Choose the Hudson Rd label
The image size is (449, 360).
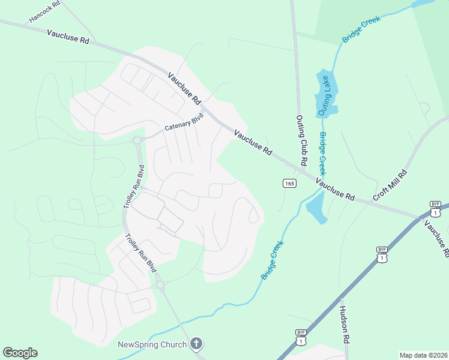pyautogui.click(x=344, y=323)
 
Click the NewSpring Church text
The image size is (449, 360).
pyautogui.click(x=152, y=344)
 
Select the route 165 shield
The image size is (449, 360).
pyautogui.click(x=289, y=183)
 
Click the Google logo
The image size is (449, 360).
pyautogui.click(x=20, y=353)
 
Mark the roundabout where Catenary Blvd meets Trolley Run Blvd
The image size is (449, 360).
pyautogui.click(x=139, y=142)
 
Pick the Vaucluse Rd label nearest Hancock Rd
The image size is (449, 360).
pyautogui.click(x=67, y=36)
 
